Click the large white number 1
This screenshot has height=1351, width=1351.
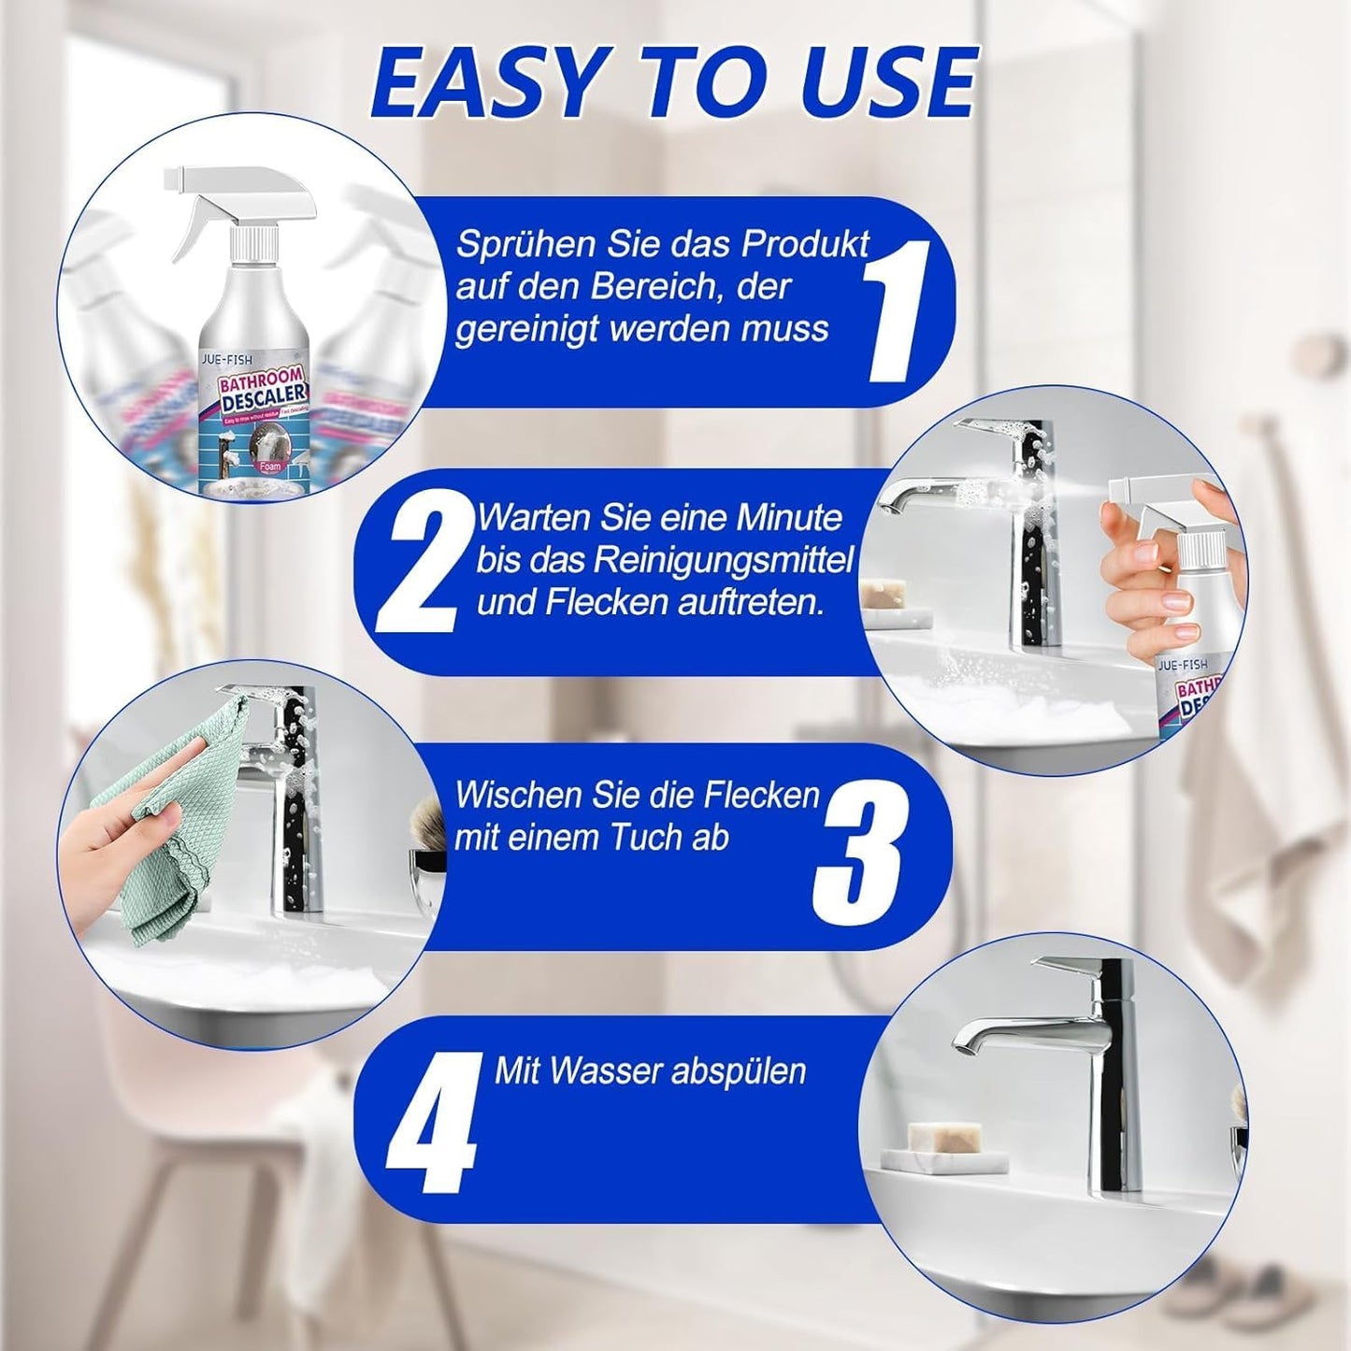pos(896,310)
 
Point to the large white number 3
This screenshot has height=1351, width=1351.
pos(859,852)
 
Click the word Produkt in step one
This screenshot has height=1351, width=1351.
pos(805,244)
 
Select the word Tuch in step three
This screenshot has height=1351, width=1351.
pos(646,838)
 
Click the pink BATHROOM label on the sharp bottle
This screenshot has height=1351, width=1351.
pos(251,381)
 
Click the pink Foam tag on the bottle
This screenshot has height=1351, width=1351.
pos(270,465)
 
